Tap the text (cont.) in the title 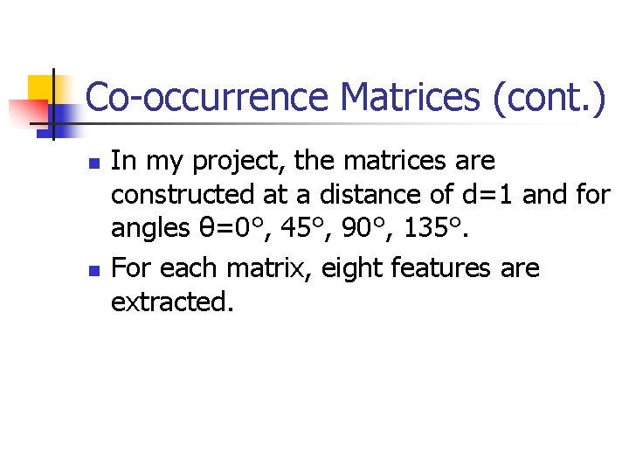click(549, 97)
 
